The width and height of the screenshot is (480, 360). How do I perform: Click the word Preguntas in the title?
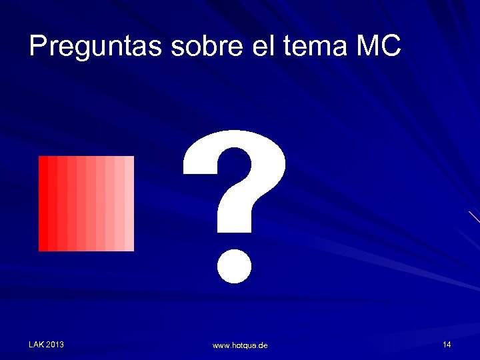97,47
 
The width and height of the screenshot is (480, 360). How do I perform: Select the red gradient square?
86,203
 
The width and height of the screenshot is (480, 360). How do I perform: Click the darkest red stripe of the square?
43,203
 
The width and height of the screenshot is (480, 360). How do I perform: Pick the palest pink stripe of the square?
129,203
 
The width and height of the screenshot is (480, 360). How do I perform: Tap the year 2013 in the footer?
55,344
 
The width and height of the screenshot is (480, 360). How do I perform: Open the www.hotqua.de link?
240,345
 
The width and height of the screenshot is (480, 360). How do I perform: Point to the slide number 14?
447,344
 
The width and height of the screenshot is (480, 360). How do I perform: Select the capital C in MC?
391,46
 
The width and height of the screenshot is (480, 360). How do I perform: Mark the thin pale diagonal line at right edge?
474,217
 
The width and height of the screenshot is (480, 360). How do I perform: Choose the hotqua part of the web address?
244,345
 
